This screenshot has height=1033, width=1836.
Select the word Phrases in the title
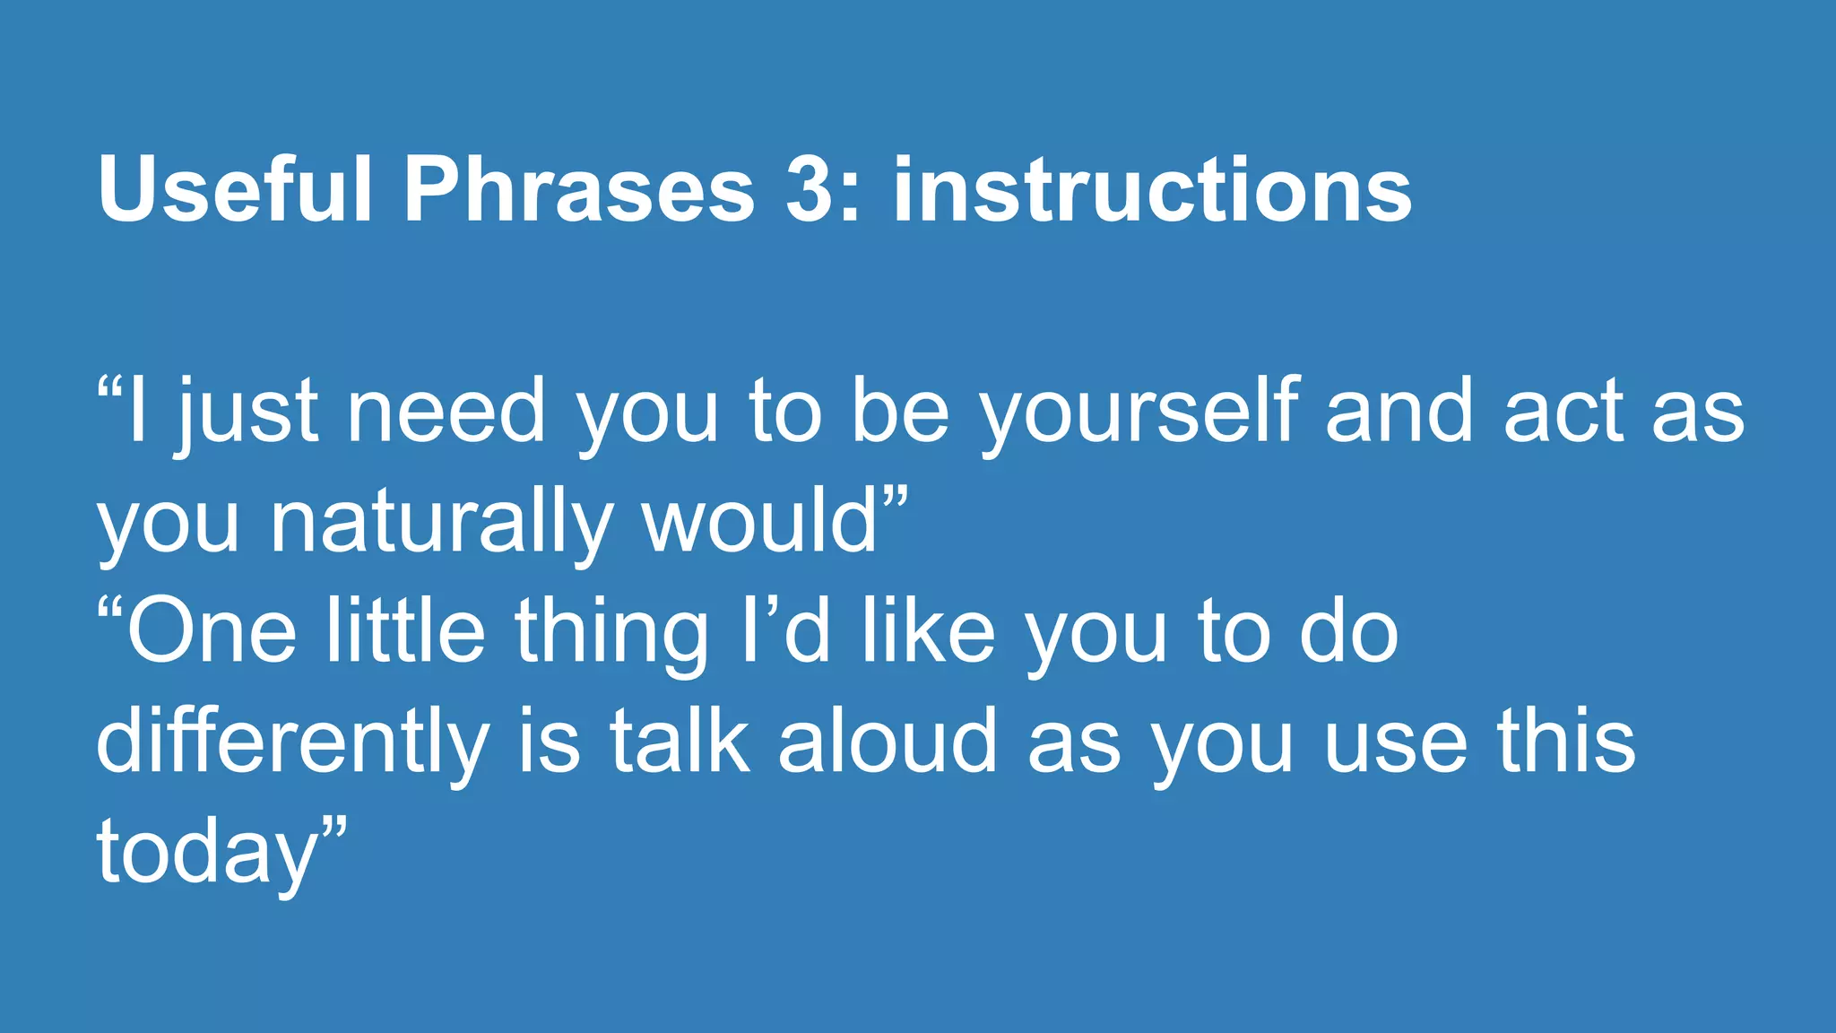(x=579, y=190)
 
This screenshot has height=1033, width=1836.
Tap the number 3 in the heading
(x=810, y=190)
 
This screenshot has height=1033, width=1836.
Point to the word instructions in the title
(x=1152, y=190)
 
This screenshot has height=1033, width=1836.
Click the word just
(x=247, y=412)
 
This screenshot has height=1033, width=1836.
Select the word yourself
(x=1139, y=412)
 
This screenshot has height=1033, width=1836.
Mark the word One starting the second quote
(x=212, y=633)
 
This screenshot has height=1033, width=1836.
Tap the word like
(x=928, y=631)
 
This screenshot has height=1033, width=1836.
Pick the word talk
(x=680, y=742)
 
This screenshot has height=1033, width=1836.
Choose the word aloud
(x=888, y=742)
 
